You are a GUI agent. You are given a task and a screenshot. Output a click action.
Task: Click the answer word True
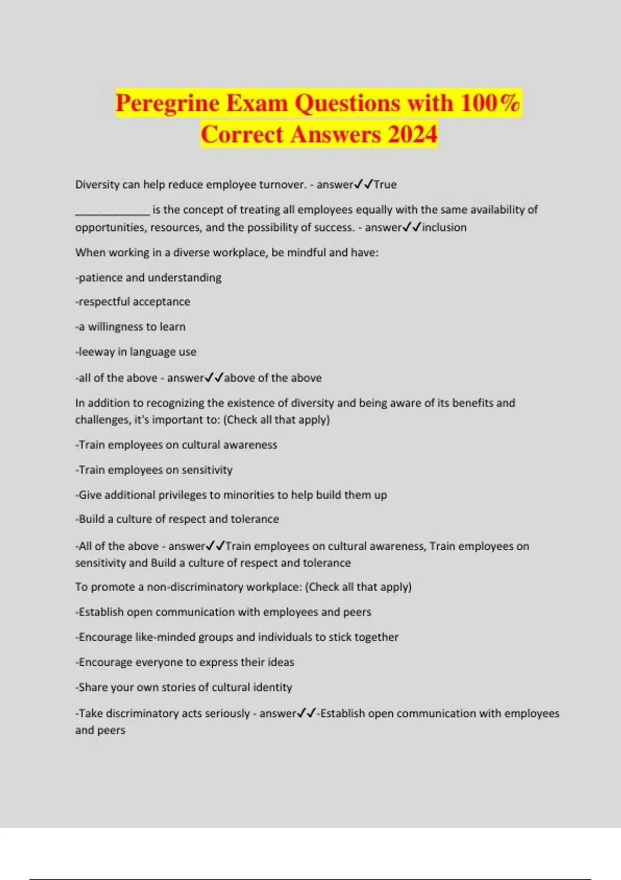tap(385, 185)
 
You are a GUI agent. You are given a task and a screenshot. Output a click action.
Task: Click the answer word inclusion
tap(444, 227)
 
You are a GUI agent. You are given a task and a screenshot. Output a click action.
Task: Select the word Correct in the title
tap(241, 135)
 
